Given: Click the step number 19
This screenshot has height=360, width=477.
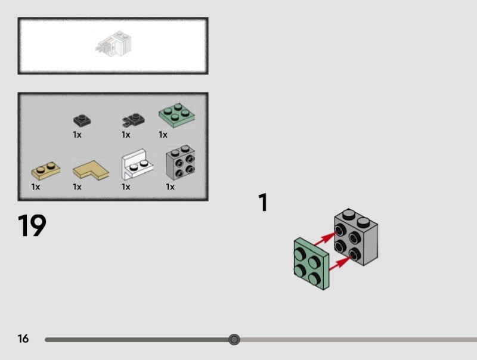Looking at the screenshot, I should (x=32, y=226).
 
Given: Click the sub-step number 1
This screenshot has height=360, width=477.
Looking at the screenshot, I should (x=263, y=203).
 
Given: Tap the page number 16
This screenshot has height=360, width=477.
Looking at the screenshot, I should (x=23, y=339).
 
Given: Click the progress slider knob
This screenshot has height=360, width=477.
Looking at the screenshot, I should (x=234, y=340).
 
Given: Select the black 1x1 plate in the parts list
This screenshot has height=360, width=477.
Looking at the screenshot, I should (x=82, y=120).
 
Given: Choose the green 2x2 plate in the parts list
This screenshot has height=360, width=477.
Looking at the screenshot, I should (x=176, y=114).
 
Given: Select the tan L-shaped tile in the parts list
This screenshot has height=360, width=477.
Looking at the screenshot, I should (x=91, y=171).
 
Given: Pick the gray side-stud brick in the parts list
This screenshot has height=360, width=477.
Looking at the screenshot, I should (x=181, y=163).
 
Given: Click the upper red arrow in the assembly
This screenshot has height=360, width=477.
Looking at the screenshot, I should (x=326, y=239).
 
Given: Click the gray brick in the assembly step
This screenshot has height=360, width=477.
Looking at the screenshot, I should (x=356, y=237).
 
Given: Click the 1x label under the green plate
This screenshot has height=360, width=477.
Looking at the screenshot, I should (x=163, y=135).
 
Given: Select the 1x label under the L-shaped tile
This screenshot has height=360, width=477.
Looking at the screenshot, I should (x=77, y=187).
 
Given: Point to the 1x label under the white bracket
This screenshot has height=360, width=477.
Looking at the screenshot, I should (x=126, y=187).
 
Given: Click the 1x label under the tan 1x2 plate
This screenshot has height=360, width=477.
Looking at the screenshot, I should (x=36, y=187).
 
